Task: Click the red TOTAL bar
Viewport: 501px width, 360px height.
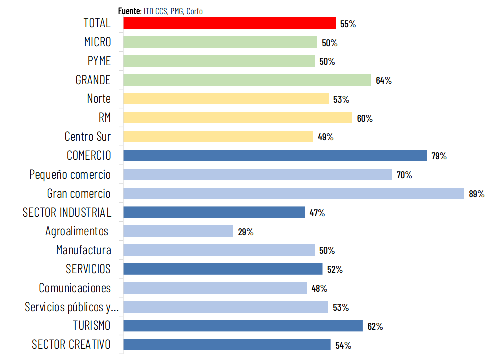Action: click(x=229, y=23)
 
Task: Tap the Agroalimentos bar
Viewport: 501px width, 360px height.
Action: click(x=178, y=231)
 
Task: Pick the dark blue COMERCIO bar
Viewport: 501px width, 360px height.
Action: click(x=275, y=155)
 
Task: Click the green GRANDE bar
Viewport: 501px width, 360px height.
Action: click(x=247, y=80)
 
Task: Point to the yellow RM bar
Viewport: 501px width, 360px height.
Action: click(x=238, y=118)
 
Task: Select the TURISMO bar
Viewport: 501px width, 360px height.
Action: click(x=243, y=326)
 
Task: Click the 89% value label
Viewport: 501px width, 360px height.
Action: click(x=477, y=194)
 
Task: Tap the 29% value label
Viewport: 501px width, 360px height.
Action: click(x=246, y=232)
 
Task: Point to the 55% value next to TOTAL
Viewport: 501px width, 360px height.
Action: click(x=348, y=24)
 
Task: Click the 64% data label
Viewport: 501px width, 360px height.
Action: click(x=384, y=80)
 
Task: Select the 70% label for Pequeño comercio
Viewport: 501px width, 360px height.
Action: click(x=404, y=175)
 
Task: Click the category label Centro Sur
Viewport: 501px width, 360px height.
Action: click(x=88, y=136)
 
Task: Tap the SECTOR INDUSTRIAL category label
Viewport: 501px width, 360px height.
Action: click(x=67, y=212)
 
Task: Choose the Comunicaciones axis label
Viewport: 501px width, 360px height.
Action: click(x=75, y=288)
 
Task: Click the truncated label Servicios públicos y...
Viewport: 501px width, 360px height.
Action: click(x=72, y=307)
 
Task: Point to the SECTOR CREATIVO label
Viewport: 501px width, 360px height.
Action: click(x=71, y=344)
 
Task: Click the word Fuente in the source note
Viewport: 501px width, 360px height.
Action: click(x=129, y=11)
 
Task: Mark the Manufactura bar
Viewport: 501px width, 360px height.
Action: click(x=219, y=250)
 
